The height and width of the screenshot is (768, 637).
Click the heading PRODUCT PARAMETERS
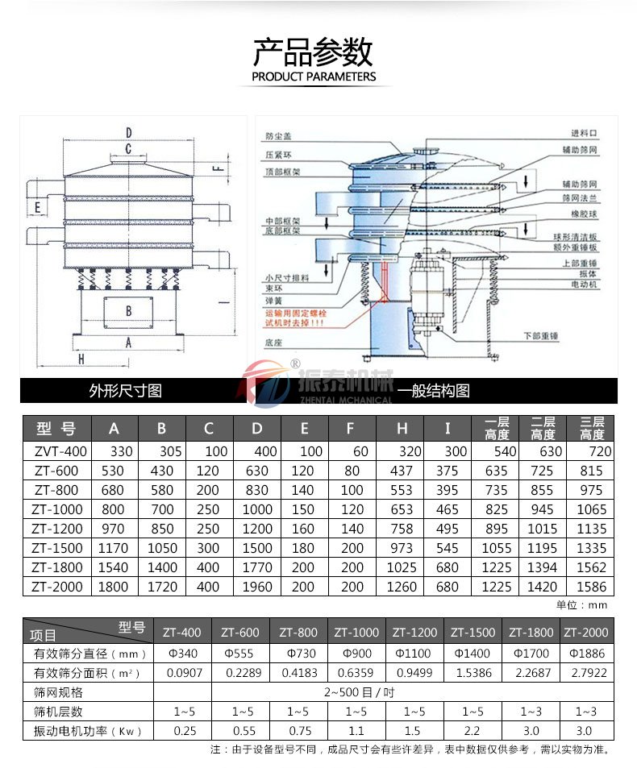coord(314,77)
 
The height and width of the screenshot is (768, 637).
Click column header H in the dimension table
coord(402,428)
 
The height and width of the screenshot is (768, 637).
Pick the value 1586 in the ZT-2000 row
coord(593,587)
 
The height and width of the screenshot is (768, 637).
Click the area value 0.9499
coord(417,672)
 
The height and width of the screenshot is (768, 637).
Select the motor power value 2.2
coord(473,731)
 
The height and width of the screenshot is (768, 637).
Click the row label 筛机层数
coord(58,712)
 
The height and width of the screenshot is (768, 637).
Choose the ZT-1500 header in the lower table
coord(473,633)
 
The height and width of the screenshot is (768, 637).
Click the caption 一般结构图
coord(434,391)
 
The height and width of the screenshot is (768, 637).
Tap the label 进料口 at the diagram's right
coord(582,132)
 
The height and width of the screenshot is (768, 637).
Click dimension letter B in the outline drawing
coord(128,309)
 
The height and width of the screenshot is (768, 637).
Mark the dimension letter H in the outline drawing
coord(81,360)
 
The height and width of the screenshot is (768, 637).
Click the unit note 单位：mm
coord(581,604)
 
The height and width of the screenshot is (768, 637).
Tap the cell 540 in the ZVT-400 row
coord(498,451)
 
